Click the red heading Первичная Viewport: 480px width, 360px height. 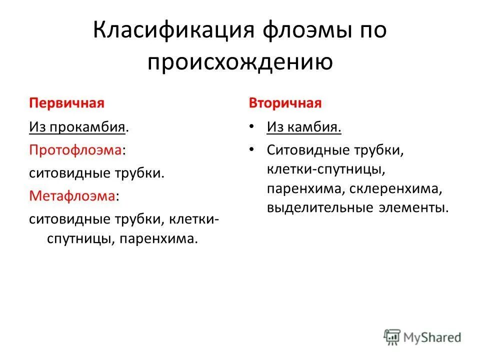[66, 103]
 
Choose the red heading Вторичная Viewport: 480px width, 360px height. [285, 103]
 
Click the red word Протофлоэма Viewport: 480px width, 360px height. [76, 150]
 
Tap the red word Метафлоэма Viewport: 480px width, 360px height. [72, 196]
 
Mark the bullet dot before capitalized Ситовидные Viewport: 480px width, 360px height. [253, 150]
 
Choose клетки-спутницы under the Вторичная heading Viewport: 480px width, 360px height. [325, 170]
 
